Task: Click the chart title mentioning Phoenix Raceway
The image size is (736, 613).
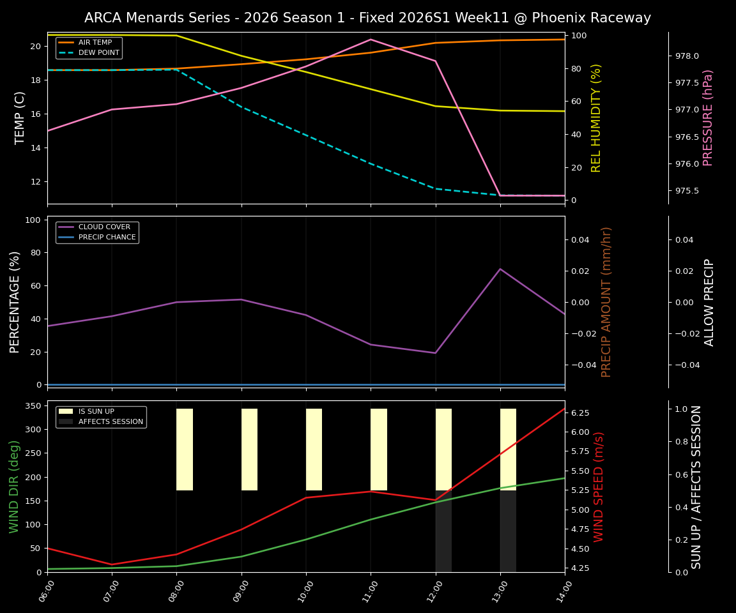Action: click(x=367, y=18)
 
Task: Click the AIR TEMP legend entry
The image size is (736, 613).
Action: click(x=95, y=42)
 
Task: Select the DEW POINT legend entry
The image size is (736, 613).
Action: click(x=98, y=52)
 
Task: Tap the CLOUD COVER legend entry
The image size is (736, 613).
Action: click(x=104, y=227)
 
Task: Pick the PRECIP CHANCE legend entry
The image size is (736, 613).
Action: click(x=107, y=238)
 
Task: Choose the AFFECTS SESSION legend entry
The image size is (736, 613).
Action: click(x=111, y=421)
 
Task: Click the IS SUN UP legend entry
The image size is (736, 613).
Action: click(x=96, y=411)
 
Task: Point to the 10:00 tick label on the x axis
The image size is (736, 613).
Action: click(x=302, y=591)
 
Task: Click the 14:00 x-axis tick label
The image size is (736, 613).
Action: click(x=560, y=591)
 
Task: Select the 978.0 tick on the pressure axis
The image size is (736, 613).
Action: click(x=687, y=56)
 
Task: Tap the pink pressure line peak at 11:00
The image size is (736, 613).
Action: click(x=371, y=40)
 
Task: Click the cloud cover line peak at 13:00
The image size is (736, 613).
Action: click(x=500, y=269)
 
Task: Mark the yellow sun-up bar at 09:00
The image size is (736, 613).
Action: click(x=249, y=450)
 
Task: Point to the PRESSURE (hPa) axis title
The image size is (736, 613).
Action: click(x=708, y=117)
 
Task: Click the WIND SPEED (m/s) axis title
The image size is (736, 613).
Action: click(x=599, y=487)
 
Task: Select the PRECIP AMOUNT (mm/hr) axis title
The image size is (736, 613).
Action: click(x=606, y=301)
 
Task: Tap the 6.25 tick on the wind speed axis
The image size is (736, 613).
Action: click(x=579, y=413)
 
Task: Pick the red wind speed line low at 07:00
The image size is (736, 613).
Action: click(x=112, y=564)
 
